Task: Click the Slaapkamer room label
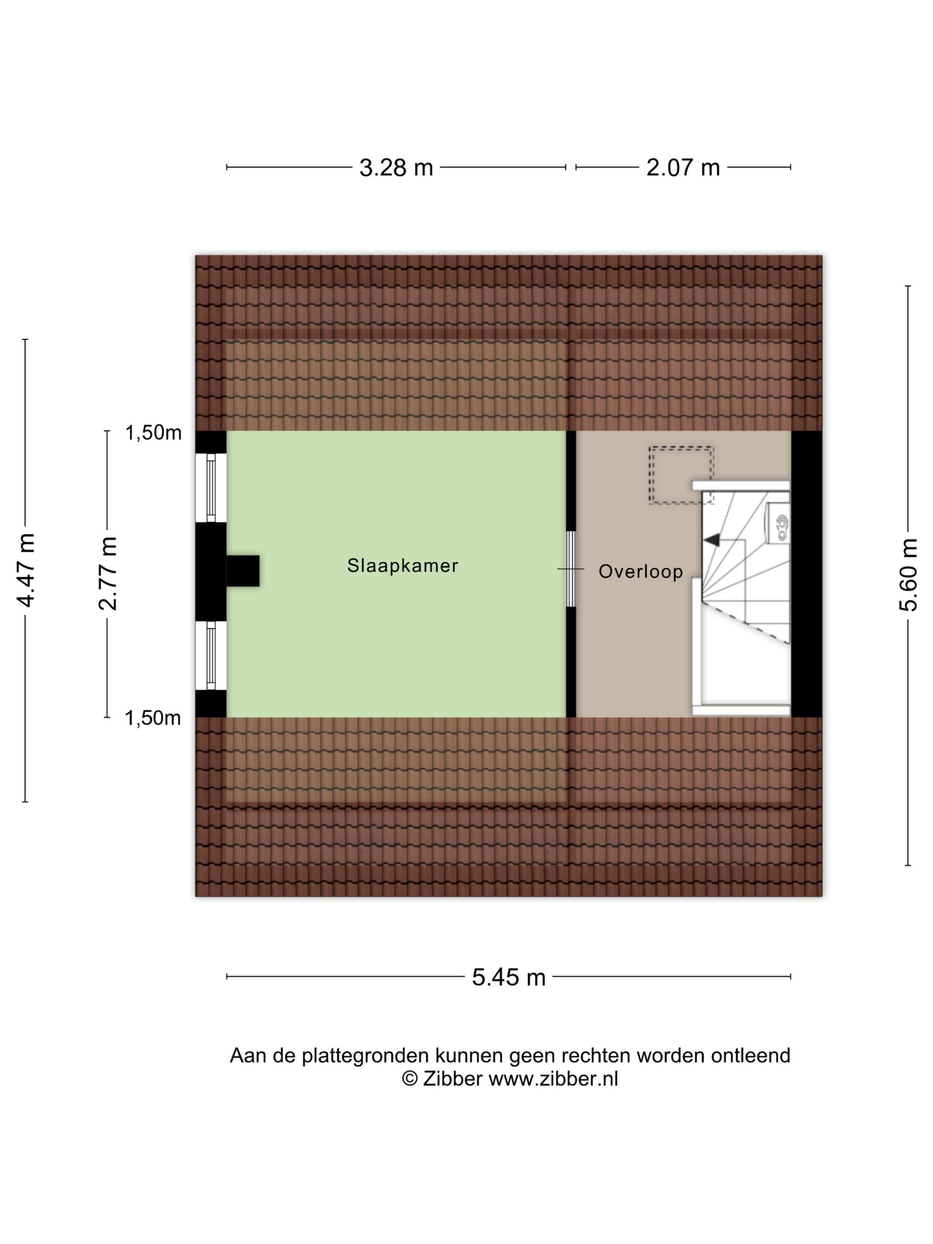pyautogui.click(x=402, y=565)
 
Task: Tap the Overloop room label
pyautogui.click(x=641, y=571)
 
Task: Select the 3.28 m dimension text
pyautogui.click(x=396, y=167)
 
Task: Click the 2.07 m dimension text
pyautogui.click(x=683, y=167)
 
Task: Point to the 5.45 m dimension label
pyautogui.click(x=508, y=977)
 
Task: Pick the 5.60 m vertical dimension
pyautogui.click(x=908, y=575)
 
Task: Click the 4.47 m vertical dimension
pyautogui.click(x=26, y=570)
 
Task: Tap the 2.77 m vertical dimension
pyautogui.click(x=108, y=574)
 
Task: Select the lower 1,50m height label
pyautogui.click(x=152, y=718)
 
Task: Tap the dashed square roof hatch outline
pyautogui.click(x=681, y=475)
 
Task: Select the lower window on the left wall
pyautogui.click(x=211, y=656)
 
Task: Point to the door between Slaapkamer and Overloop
pyautogui.click(x=571, y=569)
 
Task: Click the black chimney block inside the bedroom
pyautogui.click(x=243, y=571)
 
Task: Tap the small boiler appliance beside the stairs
pyautogui.click(x=778, y=522)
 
